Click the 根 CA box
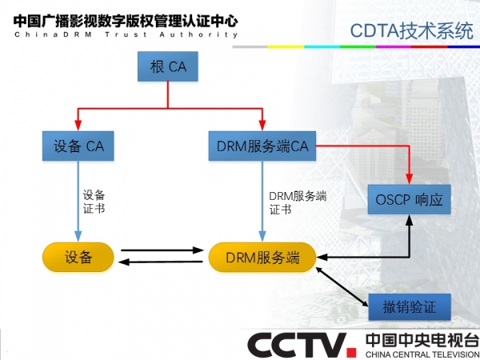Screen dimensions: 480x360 pyautogui.click(x=168, y=66)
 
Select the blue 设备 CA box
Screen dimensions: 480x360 pyautogui.click(x=78, y=146)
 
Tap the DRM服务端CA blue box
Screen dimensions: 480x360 pyautogui.click(x=262, y=146)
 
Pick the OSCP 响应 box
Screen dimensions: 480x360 pyautogui.click(x=410, y=199)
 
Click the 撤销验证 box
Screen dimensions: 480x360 pyautogui.click(x=410, y=306)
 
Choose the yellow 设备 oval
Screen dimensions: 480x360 pyautogui.click(x=78, y=257)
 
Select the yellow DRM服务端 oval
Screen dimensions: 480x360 pyautogui.click(x=262, y=257)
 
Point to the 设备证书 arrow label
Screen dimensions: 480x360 pyautogui.click(x=94, y=202)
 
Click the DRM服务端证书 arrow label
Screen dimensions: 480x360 pyautogui.click(x=298, y=202)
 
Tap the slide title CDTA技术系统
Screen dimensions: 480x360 pyautogui.click(x=411, y=31)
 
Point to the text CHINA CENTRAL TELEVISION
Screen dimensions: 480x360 pyautogui.click(x=422, y=354)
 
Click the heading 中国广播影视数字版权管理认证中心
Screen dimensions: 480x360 pyautogui.click(x=126, y=21)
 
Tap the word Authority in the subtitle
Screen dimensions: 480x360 pyautogui.click(x=198, y=34)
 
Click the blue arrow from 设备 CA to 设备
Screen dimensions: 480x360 pyautogui.click(x=78, y=201)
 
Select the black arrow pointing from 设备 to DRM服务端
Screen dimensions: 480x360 pyautogui.click(x=162, y=250)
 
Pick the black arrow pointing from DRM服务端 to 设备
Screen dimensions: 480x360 pyautogui.click(x=161, y=262)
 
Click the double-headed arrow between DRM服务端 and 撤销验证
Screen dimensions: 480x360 pyautogui.click(x=342, y=287)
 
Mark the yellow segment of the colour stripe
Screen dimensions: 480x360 pyautogui.click(x=286, y=47)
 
